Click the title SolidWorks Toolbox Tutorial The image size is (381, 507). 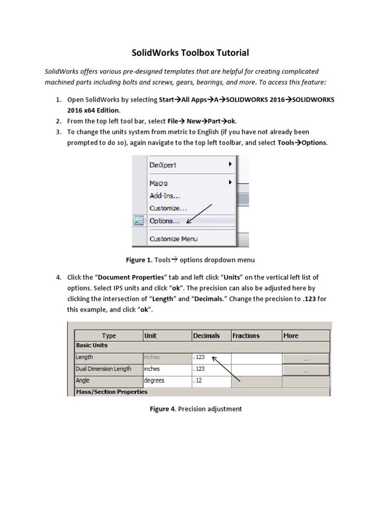coord(190,52)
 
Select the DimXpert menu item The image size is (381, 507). coord(163,165)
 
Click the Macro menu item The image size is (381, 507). coord(158,183)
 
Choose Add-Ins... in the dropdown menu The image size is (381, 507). coord(164,196)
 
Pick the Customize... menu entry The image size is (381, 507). coord(168,208)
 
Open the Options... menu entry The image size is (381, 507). coord(164,221)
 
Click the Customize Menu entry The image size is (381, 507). coord(173,239)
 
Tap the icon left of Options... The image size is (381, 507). coord(138,221)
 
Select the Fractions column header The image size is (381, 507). coord(246,336)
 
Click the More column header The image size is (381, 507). coord(291,336)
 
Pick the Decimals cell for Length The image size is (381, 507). coord(211,357)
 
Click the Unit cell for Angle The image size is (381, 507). coord(166,381)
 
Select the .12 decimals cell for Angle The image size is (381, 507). coord(211,381)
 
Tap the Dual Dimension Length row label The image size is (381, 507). coord(103,369)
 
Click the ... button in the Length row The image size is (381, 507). coord(305,358)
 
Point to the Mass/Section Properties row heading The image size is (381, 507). coord(111,392)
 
